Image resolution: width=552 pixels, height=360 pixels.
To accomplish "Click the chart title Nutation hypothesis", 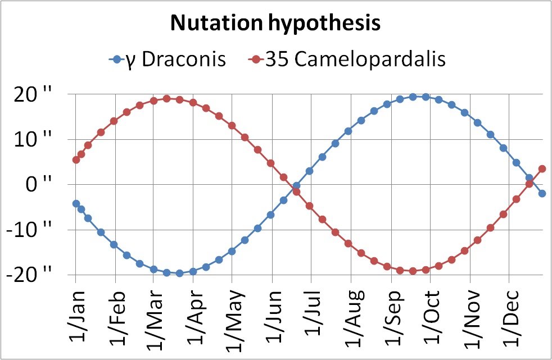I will click(x=276, y=24).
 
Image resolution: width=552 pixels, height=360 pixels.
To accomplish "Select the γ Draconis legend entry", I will click(x=169, y=59).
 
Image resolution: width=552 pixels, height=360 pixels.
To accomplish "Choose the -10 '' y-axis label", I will click(x=31, y=230).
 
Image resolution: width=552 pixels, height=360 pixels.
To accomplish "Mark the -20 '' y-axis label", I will click(x=31, y=275).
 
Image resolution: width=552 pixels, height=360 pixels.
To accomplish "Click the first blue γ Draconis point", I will click(x=76, y=204).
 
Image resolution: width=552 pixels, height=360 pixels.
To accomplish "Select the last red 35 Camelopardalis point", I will click(x=542, y=168).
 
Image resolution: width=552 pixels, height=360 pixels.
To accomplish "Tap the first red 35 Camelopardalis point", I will click(x=76, y=160).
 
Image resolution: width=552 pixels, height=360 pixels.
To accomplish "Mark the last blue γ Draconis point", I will click(x=542, y=193).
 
